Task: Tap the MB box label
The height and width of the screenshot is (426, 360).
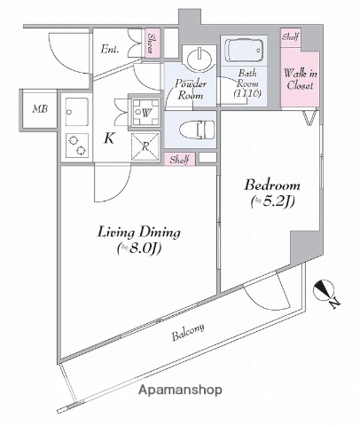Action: (38, 109)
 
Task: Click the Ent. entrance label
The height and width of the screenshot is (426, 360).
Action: (111, 49)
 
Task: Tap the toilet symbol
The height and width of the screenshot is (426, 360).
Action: (192, 129)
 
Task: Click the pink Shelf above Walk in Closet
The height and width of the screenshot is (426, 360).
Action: (290, 38)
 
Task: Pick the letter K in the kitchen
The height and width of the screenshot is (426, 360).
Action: (109, 138)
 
